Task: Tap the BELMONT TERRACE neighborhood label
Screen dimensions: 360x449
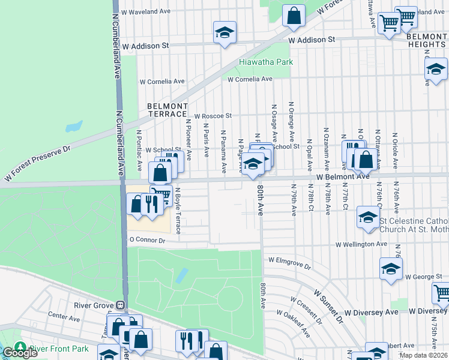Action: pos(167,110)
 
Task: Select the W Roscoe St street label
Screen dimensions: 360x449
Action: pos(212,116)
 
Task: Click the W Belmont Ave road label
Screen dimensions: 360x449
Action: pos(343,177)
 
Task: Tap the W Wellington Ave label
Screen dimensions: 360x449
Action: pos(361,245)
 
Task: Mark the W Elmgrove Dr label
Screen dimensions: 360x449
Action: pos(291,263)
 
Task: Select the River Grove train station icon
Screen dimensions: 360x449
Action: pos(121,305)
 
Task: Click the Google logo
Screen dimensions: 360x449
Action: pos(19,353)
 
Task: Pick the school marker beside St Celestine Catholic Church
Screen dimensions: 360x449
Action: pos(368,217)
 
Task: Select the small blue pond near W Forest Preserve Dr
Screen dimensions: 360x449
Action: pos(74,127)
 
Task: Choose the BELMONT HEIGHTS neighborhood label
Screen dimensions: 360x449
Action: pos(427,41)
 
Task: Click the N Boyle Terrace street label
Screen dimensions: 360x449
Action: pos(178,210)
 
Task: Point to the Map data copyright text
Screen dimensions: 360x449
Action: pos(423,355)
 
